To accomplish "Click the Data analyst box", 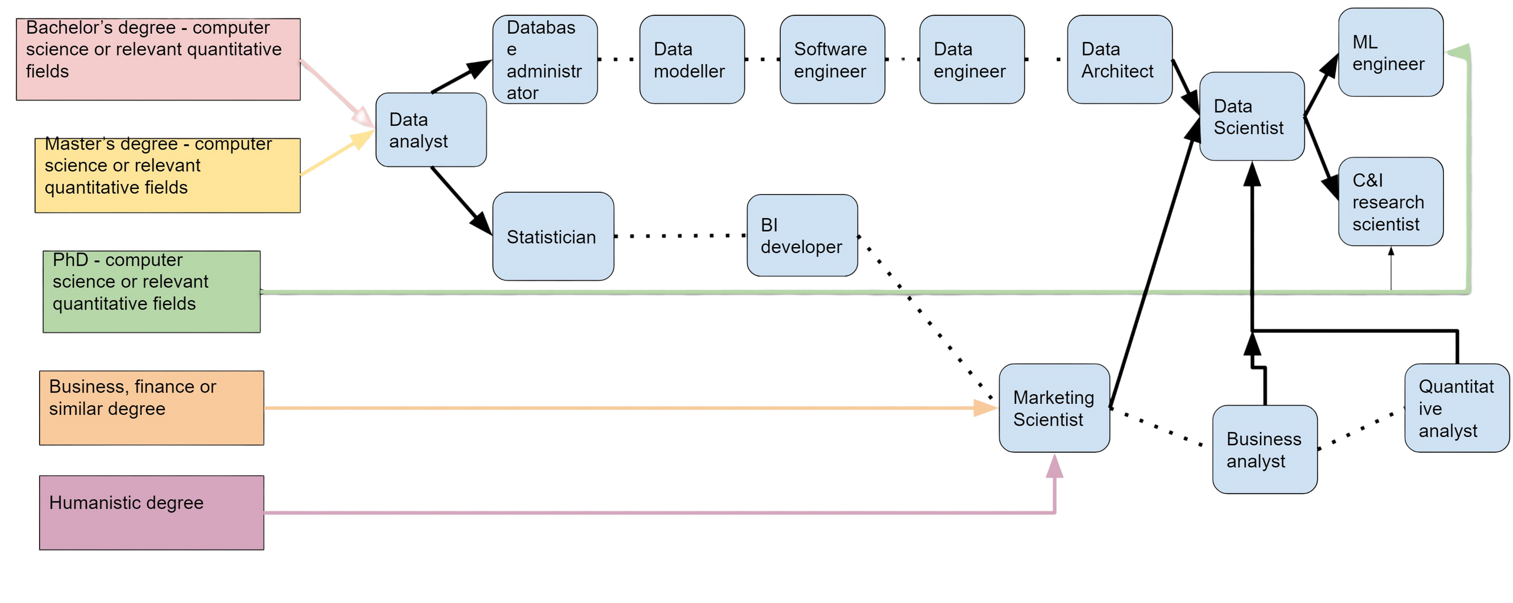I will click(x=431, y=130).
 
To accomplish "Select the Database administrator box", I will click(x=544, y=60).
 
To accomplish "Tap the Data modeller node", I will click(x=691, y=60).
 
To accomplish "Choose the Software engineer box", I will click(x=832, y=60).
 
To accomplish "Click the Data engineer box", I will click(x=971, y=60).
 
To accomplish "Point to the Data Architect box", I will click(x=1119, y=60).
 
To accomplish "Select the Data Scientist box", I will click(x=1251, y=116).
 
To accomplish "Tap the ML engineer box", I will click(x=1391, y=53).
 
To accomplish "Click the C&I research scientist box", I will click(x=1391, y=202).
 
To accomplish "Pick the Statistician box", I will click(x=553, y=236).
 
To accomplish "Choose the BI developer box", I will click(x=802, y=235).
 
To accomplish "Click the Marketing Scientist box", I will click(x=1054, y=409).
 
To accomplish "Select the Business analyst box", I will click(x=1264, y=449).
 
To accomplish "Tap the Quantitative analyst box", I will click(x=1456, y=409).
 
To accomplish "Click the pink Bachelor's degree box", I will click(x=158, y=59).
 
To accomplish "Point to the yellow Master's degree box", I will click(x=168, y=176).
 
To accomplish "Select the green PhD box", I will click(x=151, y=291).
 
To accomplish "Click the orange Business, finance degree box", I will click(x=151, y=408).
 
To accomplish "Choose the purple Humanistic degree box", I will click(x=151, y=513).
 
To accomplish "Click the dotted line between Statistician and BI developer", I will click(x=680, y=236).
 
